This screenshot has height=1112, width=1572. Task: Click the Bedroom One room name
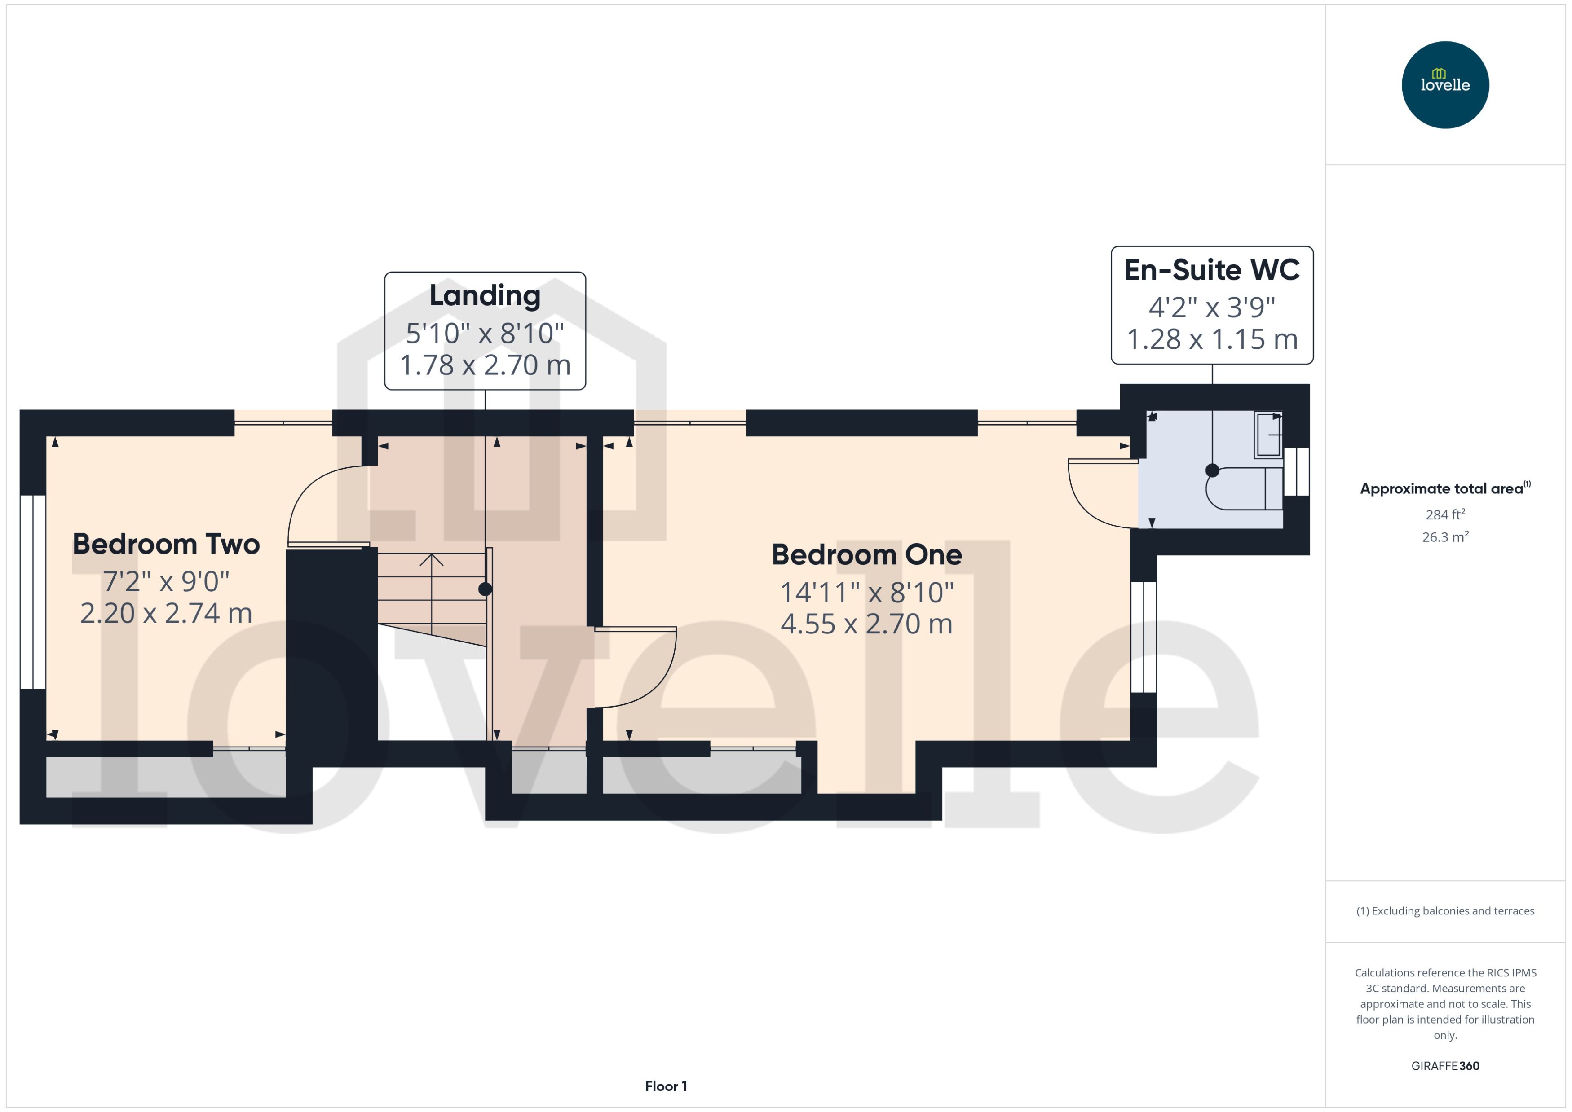pos(866,554)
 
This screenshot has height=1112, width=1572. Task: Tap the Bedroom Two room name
pos(167,545)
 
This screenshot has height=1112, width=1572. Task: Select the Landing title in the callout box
pos(485,296)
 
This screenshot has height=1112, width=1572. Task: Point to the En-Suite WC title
pos(1212,270)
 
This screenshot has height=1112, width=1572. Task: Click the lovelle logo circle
pos(1445,85)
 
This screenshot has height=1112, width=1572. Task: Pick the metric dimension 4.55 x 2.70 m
pos(866,624)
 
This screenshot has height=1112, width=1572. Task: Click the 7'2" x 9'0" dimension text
pos(167,581)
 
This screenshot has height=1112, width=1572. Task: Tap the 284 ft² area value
pos(1445,514)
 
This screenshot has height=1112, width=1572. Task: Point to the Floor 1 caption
pos(666,1086)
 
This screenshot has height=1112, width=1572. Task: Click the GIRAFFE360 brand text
pos(1445,1066)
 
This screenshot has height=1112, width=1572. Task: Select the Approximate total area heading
pos(1445,488)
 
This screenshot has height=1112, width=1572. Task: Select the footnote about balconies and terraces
pos(1445,911)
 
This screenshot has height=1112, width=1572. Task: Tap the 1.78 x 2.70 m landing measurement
pos(485,365)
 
